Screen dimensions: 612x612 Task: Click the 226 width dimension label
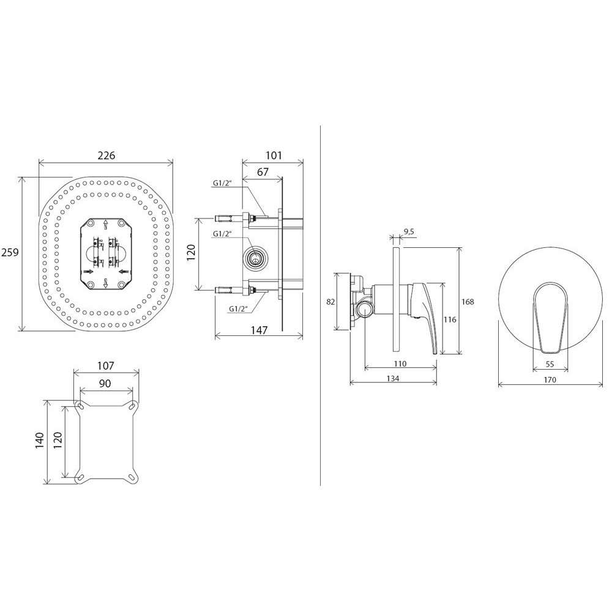[106, 155]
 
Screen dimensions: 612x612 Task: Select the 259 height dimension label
[10, 253]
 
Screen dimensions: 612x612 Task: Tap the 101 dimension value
[274, 155]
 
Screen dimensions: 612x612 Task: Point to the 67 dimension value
[263, 172]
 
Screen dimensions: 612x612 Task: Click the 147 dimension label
[259, 330]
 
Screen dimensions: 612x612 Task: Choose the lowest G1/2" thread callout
[239, 308]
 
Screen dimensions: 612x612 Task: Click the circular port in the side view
[255, 258]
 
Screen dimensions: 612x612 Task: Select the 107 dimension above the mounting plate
[105, 366]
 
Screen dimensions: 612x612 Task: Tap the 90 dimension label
[105, 384]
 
